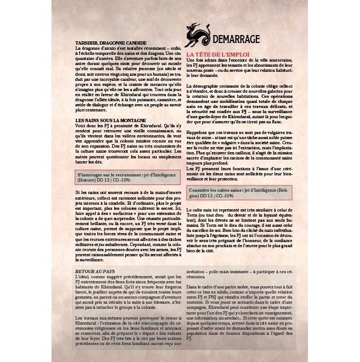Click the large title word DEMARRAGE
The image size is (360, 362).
[236, 39]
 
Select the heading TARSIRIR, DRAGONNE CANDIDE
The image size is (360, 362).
[110, 43]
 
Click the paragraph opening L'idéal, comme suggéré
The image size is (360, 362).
[127, 294]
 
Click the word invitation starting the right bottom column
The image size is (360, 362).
[198, 271]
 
